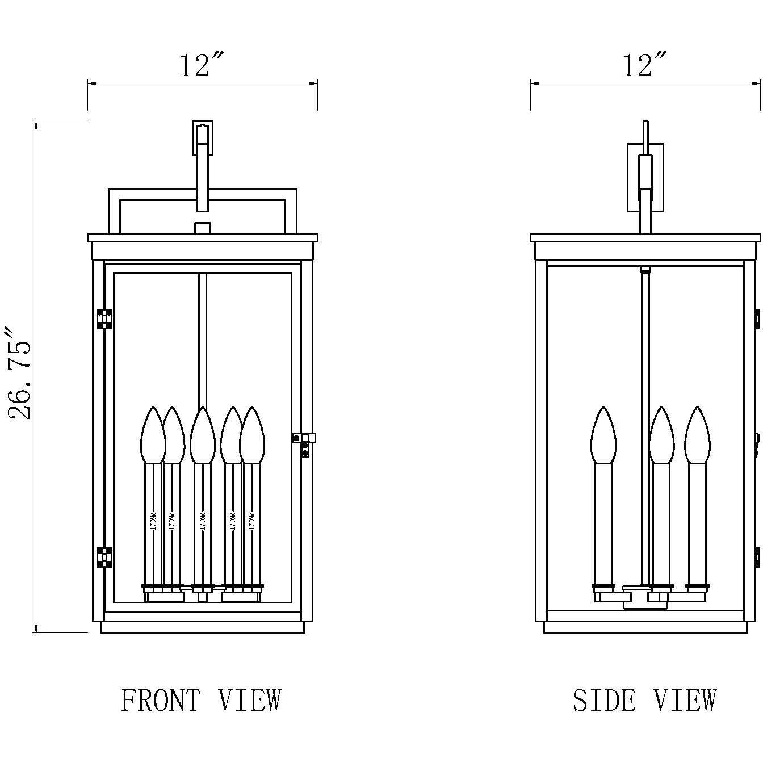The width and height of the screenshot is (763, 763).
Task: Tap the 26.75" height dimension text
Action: click(20, 372)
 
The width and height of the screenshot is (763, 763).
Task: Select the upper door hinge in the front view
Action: click(104, 319)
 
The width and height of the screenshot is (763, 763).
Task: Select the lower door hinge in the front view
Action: click(104, 557)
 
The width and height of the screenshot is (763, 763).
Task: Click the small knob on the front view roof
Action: click(203, 228)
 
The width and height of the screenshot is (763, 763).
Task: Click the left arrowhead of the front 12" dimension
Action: click(91, 83)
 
